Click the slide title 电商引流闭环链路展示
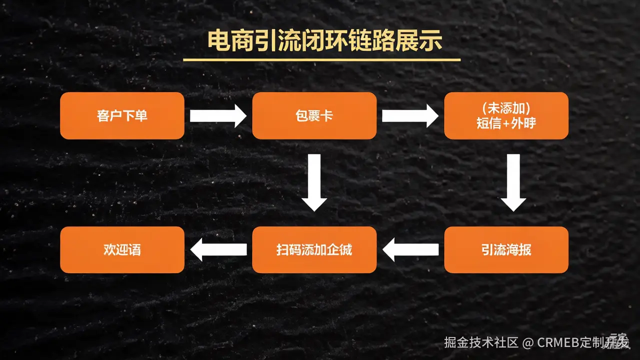(325, 41)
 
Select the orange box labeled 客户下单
(122, 115)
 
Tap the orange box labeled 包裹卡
(314, 115)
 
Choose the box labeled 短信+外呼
(506, 115)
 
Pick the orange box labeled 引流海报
(506, 249)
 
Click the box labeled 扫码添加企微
(314, 249)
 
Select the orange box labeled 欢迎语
(122, 249)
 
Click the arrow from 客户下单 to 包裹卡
(218, 116)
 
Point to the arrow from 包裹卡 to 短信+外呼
(410, 116)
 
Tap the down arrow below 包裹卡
(314, 182)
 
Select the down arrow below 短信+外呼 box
(513, 182)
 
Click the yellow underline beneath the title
(321, 60)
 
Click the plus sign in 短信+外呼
(506, 123)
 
